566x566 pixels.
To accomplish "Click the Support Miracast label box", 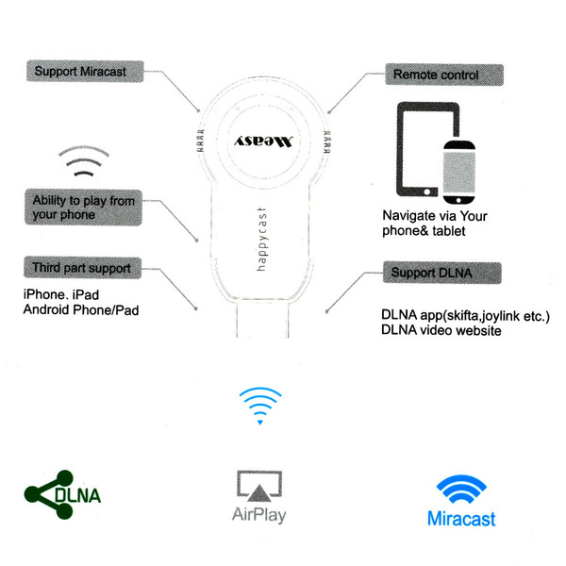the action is (85, 72).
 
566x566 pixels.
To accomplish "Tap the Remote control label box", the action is (444, 75).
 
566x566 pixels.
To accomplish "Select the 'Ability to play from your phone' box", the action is (83, 208).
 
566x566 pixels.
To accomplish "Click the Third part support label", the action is (82, 268).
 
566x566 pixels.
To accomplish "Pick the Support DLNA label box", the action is (442, 273).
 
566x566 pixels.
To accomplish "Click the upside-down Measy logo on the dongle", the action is (263, 141).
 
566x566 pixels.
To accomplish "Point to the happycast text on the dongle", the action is (261, 240).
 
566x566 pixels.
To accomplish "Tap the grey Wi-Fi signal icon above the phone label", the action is (84, 161).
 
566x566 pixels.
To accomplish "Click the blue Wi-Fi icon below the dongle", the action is (260, 406).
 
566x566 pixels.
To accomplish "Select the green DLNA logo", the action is (62, 494).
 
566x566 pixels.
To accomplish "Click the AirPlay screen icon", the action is (259, 486).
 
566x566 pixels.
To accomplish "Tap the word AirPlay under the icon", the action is (259, 515).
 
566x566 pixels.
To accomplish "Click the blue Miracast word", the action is (461, 519).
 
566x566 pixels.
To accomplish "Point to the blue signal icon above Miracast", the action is (461, 489).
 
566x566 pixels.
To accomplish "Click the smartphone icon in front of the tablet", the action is (458, 173).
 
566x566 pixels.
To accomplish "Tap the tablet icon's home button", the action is (427, 192).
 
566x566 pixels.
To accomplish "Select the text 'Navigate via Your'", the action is (435, 216).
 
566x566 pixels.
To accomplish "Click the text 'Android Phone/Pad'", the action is (81, 309).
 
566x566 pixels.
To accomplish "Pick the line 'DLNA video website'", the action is (441, 330).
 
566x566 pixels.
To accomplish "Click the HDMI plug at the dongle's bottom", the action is (262, 320).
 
